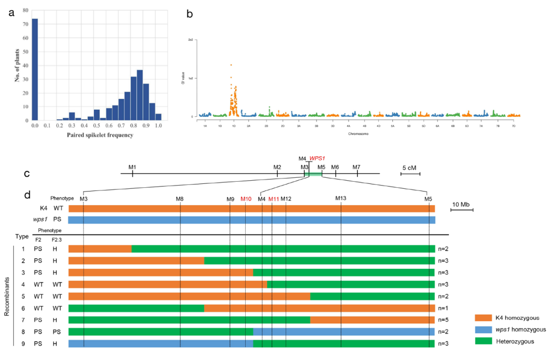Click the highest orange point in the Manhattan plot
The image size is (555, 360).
(231, 65)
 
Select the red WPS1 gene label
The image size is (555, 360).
(318, 158)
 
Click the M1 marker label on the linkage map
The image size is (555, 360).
(133, 167)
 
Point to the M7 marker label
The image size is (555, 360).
(356, 167)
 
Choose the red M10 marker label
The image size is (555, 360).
(246, 199)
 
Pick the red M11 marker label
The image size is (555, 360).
(274, 199)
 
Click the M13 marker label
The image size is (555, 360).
(341, 198)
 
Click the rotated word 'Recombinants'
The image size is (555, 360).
(7, 297)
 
